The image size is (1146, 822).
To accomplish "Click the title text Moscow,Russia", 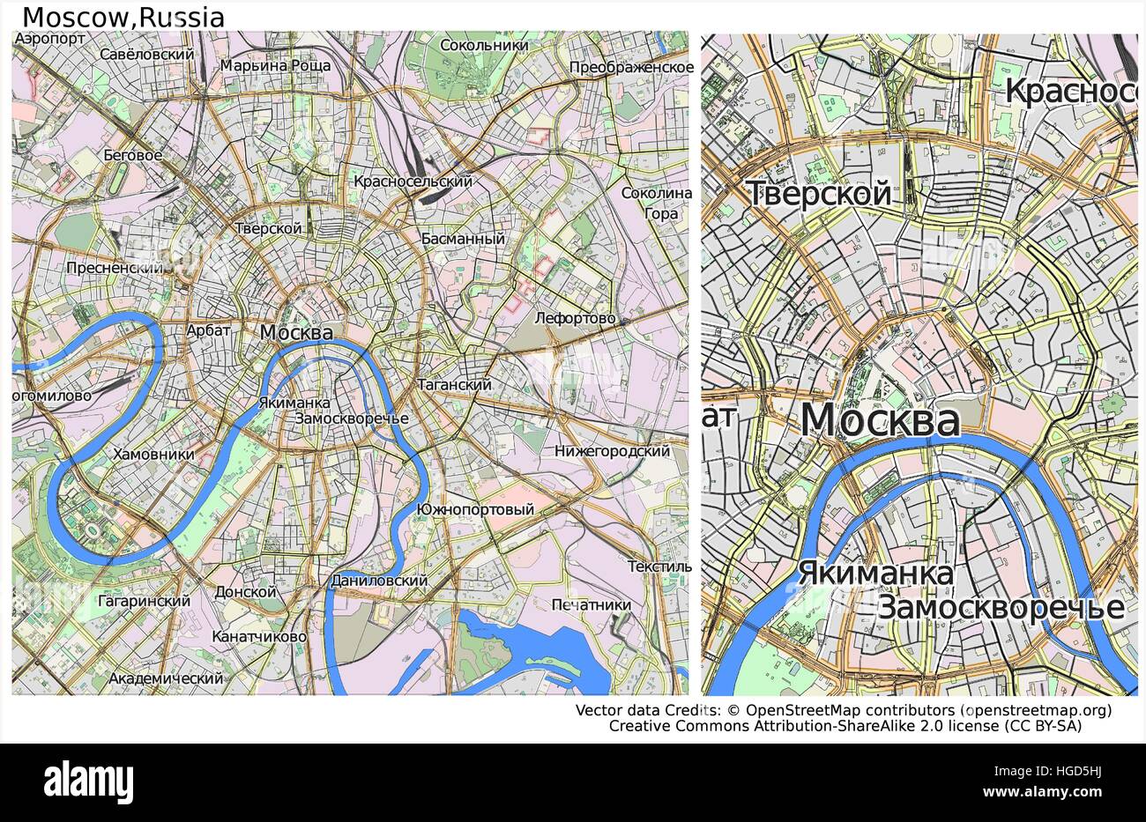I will tap(123, 18).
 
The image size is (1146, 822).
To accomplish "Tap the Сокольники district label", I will tap(484, 45).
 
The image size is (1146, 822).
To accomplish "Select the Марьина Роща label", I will tap(275, 65).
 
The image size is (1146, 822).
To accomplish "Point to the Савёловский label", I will tap(147, 54).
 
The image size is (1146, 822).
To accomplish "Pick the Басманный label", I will tap(463, 239).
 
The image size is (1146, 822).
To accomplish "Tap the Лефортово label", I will tap(575, 318).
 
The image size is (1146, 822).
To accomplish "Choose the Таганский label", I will tap(454, 385).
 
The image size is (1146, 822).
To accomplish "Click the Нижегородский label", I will tap(612, 451).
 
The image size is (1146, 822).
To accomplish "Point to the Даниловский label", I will tap(379, 581).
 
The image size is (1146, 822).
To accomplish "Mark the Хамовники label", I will tap(153, 455).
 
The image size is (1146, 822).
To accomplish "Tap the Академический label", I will tap(166, 678).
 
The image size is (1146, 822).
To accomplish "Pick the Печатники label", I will tap(591, 605).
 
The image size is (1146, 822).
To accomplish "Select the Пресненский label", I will tap(116, 268).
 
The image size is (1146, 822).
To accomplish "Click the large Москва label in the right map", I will tap(879, 420).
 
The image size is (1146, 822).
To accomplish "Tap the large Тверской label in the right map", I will tap(818, 194).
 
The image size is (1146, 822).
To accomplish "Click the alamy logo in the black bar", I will tap(89, 781).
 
